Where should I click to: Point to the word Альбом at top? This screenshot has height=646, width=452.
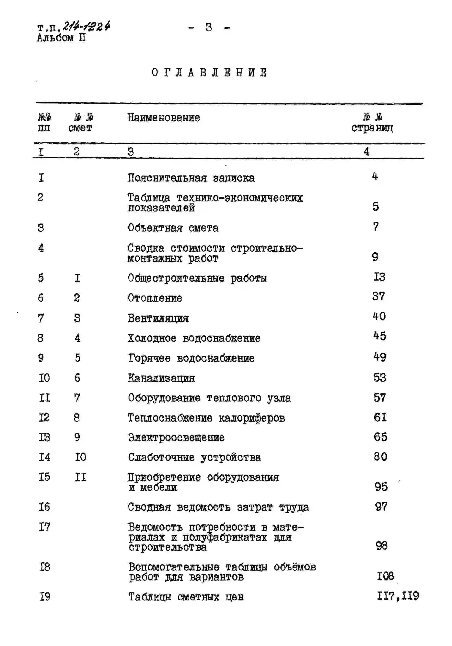point(55,38)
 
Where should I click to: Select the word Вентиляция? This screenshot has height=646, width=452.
point(158,318)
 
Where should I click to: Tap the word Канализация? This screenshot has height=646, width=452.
point(161,378)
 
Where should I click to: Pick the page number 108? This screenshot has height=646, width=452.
point(385,576)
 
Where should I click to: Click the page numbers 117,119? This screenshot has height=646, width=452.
point(398,596)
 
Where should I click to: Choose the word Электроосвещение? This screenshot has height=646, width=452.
point(176,437)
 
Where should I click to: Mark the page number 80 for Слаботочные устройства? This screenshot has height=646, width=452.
point(380,456)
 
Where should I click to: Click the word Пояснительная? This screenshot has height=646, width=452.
point(167,178)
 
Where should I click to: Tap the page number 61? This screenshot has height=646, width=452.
point(380,417)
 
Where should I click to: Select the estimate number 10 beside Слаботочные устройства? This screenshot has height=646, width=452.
point(80,457)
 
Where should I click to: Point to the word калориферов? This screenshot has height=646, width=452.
point(251,418)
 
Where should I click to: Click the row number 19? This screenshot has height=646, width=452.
point(44,596)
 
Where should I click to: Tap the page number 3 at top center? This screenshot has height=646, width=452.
point(209,27)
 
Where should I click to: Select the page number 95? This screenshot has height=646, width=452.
point(381,487)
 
